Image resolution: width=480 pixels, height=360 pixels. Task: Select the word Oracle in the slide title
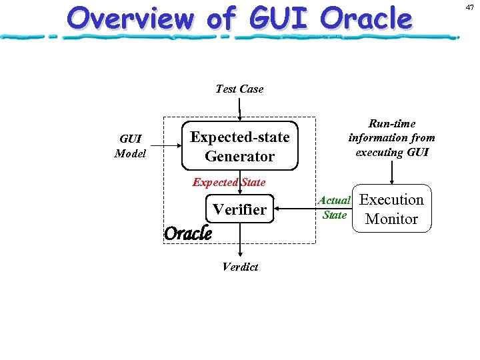(366, 19)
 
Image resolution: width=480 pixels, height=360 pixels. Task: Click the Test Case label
(239, 89)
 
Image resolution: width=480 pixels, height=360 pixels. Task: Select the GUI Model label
(130, 146)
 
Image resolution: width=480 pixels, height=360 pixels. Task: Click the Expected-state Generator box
(239, 146)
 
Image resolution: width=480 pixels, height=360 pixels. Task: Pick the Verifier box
(239, 209)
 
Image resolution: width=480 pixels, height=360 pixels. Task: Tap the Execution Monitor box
(392, 209)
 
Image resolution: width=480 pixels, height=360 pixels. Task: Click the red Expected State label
(229, 182)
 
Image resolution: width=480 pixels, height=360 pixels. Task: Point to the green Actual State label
(334, 207)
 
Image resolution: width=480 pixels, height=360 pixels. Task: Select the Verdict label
(240, 267)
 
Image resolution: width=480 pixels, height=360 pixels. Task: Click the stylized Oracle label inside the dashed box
(187, 233)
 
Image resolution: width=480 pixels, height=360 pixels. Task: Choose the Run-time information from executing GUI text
(391, 137)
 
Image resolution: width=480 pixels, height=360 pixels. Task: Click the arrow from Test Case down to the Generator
(239, 109)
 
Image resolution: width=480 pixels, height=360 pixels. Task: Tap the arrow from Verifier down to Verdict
(240, 240)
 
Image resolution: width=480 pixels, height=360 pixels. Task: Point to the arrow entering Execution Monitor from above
(392, 172)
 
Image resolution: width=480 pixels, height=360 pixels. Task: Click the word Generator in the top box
(239, 157)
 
